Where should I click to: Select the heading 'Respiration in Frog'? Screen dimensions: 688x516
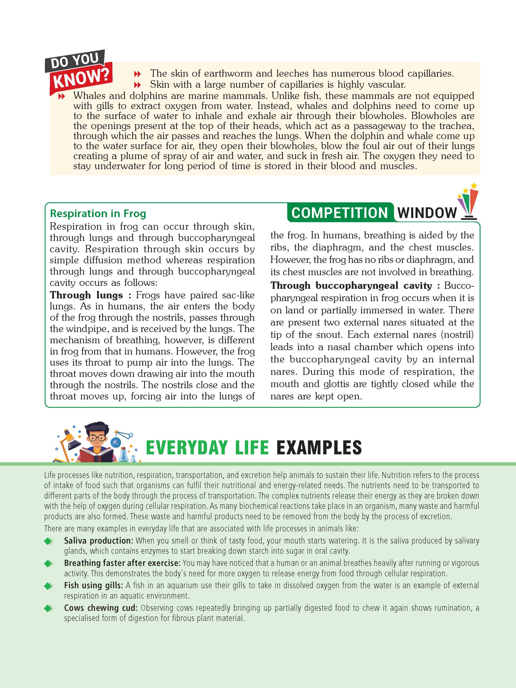click(98, 214)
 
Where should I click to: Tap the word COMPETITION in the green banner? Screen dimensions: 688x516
click(340, 213)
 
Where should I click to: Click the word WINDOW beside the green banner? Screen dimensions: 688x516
click(427, 213)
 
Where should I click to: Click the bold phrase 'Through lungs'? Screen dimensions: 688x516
click(86, 295)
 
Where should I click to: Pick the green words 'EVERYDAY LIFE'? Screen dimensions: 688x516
click(207, 448)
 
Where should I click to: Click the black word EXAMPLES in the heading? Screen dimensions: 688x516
click(319, 448)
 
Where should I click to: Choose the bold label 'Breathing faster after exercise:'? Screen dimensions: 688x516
click(122, 563)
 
